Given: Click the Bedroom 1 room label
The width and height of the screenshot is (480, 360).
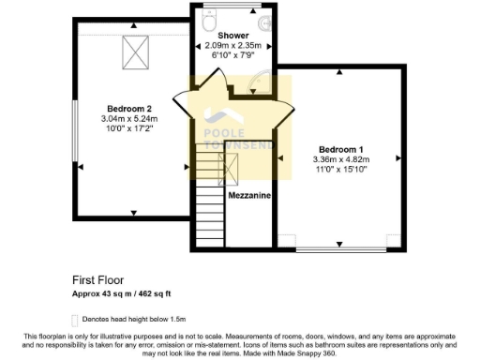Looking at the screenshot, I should [x=339, y=149].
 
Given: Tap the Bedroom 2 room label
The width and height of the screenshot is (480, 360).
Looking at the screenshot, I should [x=129, y=108].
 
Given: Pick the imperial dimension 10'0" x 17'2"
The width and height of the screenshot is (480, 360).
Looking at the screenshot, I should [x=129, y=130].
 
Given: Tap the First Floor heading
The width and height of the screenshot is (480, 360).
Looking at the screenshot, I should [x=98, y=279].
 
